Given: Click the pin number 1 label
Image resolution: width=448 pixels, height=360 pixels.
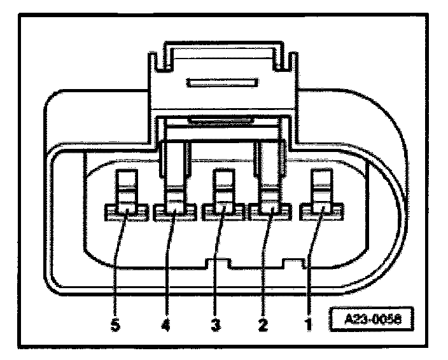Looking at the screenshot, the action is coord(307,324).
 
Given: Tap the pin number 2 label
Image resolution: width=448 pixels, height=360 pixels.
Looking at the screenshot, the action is coord(262,324).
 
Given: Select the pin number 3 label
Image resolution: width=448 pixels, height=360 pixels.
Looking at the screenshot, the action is coord(214,324).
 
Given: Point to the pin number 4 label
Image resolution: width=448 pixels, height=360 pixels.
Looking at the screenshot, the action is coord(167,324).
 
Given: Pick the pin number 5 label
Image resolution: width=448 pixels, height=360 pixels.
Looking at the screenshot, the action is coord(115,324).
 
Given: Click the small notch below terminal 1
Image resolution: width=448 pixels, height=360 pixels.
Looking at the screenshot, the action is coord(293,261).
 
